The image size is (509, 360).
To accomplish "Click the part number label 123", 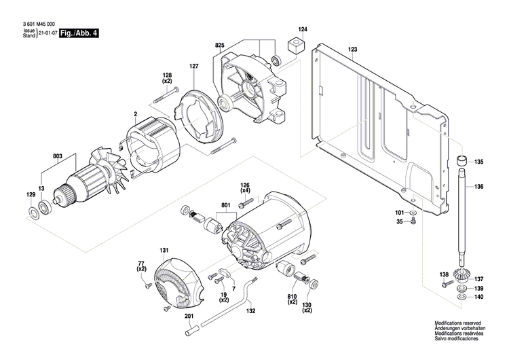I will click(352, 50).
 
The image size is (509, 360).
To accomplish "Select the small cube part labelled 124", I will click(295, 46).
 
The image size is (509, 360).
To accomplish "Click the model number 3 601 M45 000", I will click(35, 24).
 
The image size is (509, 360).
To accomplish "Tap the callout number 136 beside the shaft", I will click(479, 187).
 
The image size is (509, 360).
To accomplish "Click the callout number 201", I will click(188, 316).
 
